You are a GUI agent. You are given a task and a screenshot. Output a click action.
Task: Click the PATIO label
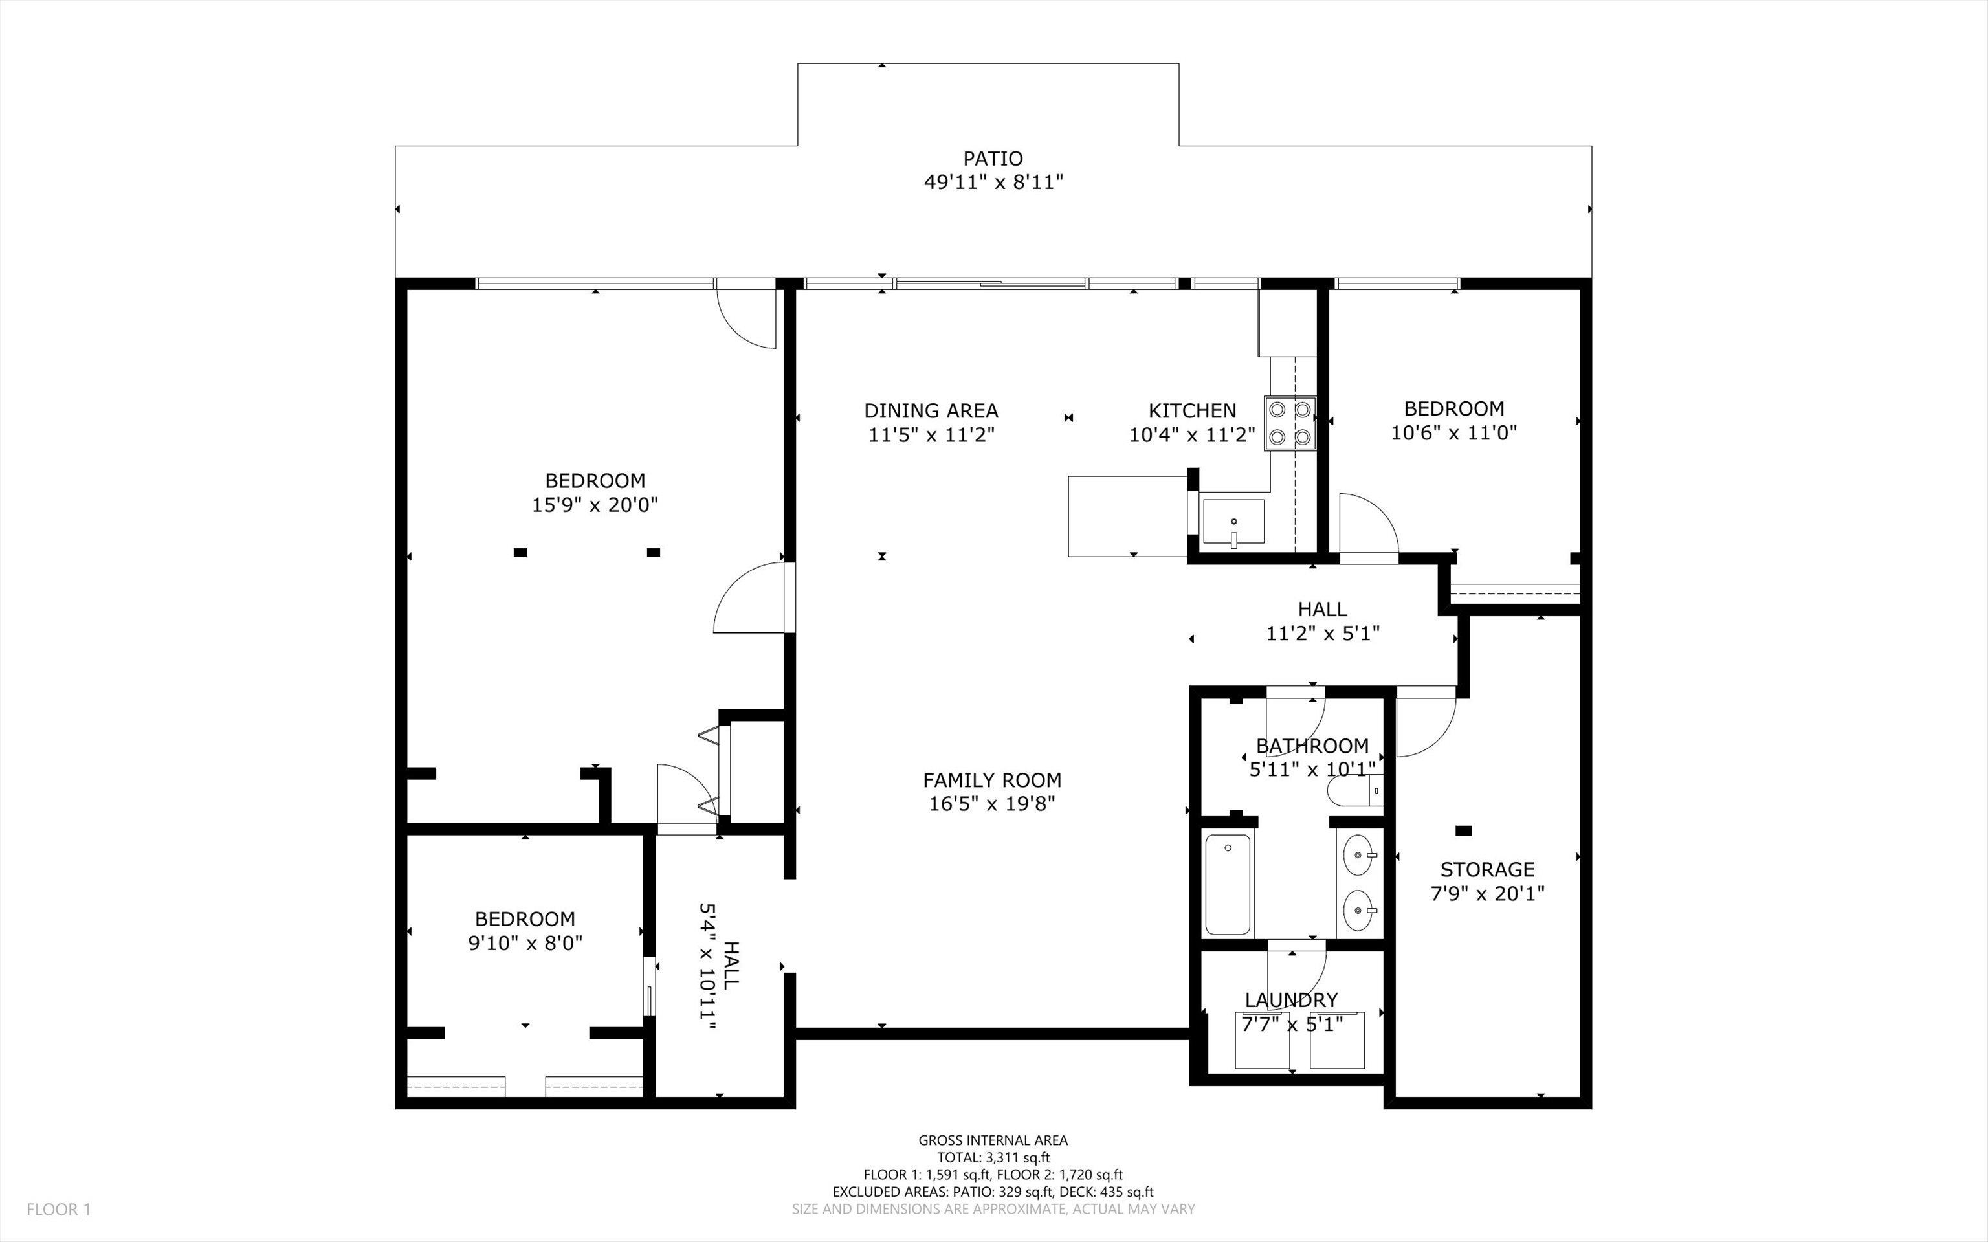point(993,159)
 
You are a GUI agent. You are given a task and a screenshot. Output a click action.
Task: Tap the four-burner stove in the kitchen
point(1290,424)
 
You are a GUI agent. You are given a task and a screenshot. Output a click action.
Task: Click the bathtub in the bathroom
point(1228,885)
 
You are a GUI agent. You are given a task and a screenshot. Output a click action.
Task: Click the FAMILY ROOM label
point(991,779)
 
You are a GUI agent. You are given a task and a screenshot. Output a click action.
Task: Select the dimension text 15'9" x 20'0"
point(595,504)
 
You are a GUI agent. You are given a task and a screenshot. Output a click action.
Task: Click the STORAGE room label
point(1487,869)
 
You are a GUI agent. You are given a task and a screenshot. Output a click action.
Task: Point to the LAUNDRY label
point(1291,1000)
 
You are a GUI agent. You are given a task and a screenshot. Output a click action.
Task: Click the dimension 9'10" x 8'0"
point(525,942)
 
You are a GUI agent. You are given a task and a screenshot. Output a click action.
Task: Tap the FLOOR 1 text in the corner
point(58,1209)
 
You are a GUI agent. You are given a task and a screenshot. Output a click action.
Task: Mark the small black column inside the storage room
point(1463,831)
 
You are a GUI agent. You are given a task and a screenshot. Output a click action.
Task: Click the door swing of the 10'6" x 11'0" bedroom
point(1365,526)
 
